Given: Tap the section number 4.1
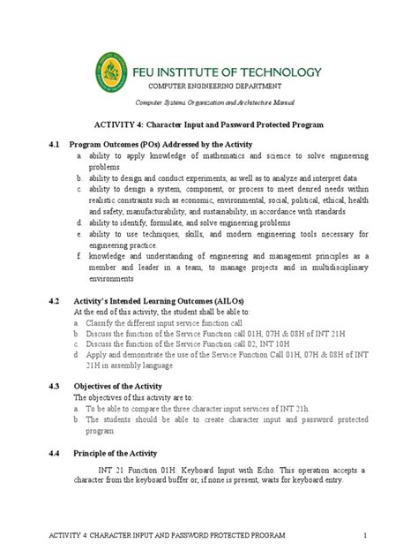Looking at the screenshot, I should coord(55,143).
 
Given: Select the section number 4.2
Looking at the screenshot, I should coord(55,300).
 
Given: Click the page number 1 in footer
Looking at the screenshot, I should coord(362,537).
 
